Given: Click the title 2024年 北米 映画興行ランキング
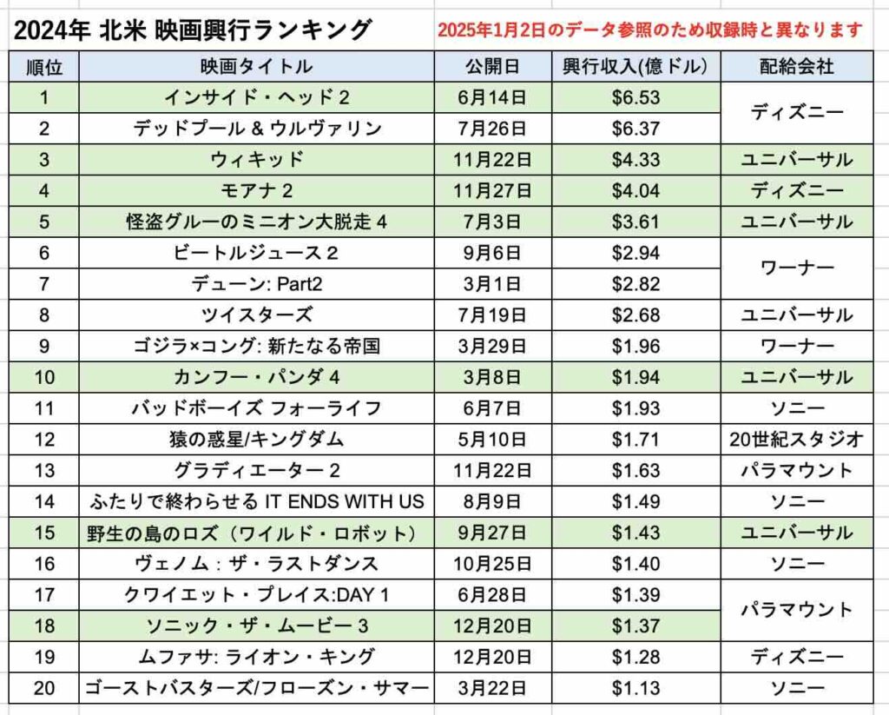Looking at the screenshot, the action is tap(193, 30).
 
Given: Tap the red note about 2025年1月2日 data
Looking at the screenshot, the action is tap(649, 30).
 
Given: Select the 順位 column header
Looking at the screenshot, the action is tap(44, 67).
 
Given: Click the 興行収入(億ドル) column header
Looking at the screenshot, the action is tap(635, 67).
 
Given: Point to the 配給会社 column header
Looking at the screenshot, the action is tap(797, 67).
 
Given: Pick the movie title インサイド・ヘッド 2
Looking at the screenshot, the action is tap(257, 97).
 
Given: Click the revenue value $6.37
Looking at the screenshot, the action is tap(635, 129).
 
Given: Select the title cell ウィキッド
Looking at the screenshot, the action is tap(257, 160).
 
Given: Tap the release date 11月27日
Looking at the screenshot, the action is tap(492, 190).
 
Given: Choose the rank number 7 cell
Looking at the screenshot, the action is tap(44, 284).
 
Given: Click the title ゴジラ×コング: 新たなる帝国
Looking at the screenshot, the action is tap(257, 346).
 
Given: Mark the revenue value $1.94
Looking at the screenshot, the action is tap(635, 377).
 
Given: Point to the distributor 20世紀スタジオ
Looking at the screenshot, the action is tap(797, 440).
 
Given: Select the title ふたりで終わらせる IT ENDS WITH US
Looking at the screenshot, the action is tap(257, 501).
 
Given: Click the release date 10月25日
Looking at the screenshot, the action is tap(492, 564).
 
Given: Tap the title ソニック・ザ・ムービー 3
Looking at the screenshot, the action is tap(257, 626).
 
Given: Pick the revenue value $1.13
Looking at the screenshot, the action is tap(635, 688).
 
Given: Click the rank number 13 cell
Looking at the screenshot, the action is tap(44, 470).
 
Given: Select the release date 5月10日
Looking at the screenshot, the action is tap(492, 440).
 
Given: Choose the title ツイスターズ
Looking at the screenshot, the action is tap(257, 315).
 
